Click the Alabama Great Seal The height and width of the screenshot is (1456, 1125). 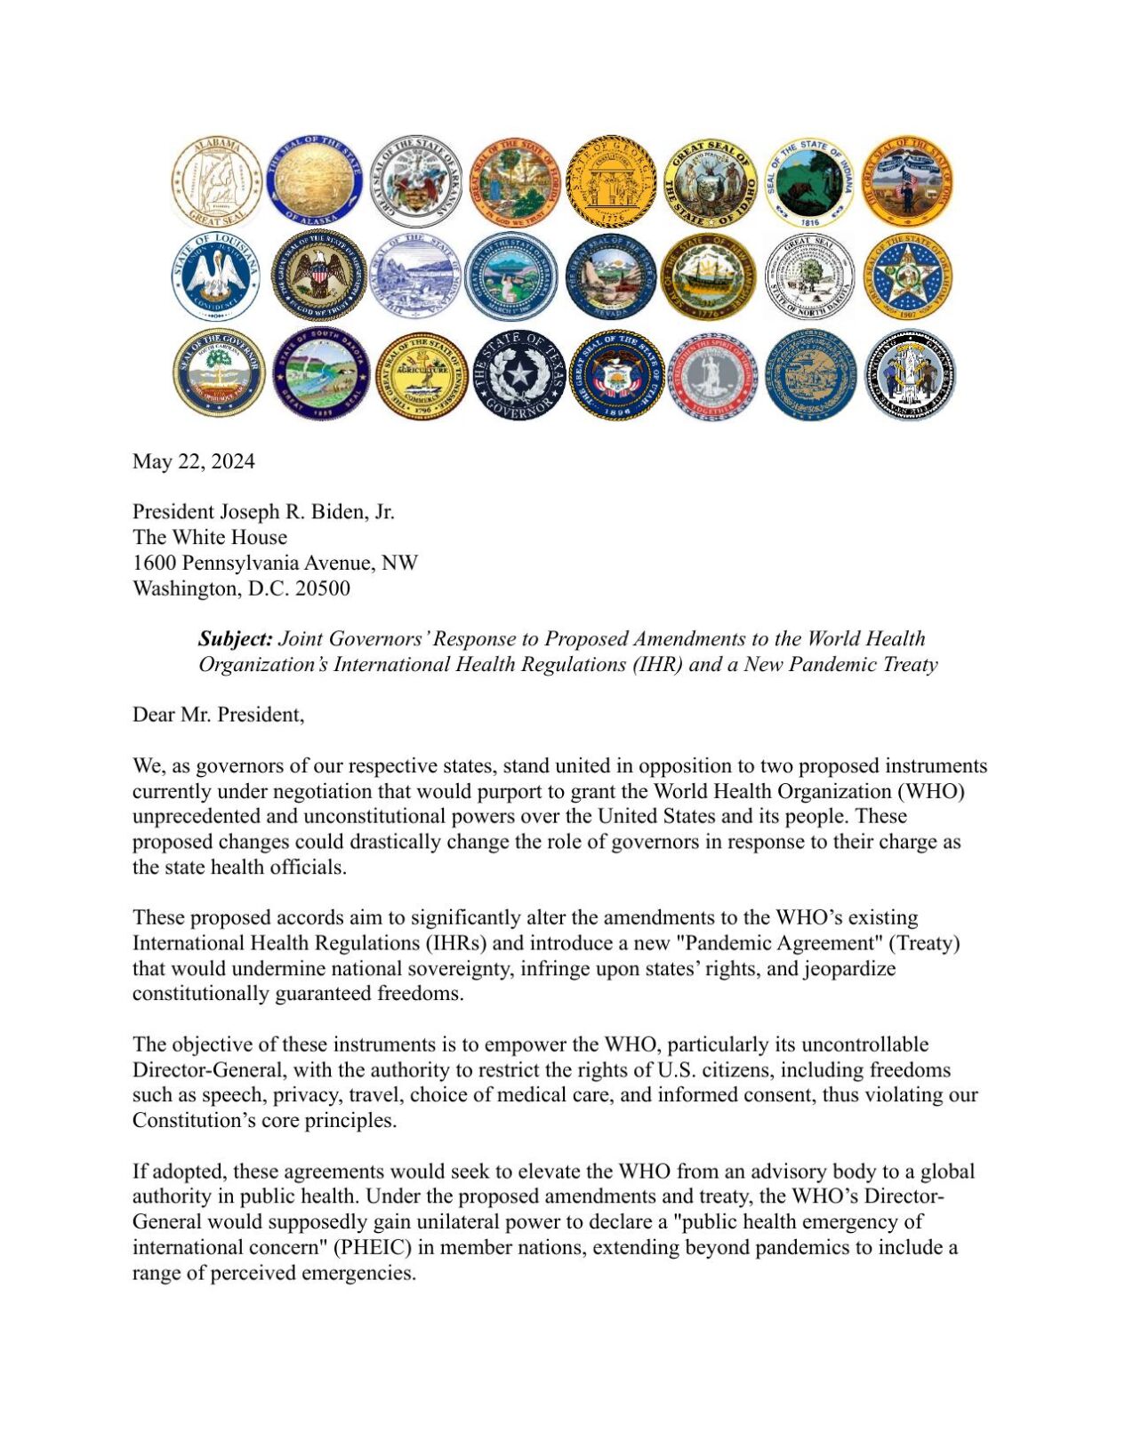click(216, 181)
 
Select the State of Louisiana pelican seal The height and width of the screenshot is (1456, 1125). click(216, 277)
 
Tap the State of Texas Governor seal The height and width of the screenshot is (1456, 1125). click(518, 374)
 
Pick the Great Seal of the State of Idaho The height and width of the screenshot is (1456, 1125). click(709, 181)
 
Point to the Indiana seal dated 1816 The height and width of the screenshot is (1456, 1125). click(808, 181)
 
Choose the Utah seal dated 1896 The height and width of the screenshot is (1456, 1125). click(616, 374)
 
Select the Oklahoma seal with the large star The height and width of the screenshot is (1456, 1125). click(907, 277)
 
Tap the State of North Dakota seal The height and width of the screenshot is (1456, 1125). click(808, 277)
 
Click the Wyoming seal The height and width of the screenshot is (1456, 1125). click(909, 374)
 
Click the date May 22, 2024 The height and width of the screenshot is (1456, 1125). click(193, 461)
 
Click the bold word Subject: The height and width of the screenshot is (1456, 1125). click(235, 639)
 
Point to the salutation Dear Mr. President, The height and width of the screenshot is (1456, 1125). click(218, 715)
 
